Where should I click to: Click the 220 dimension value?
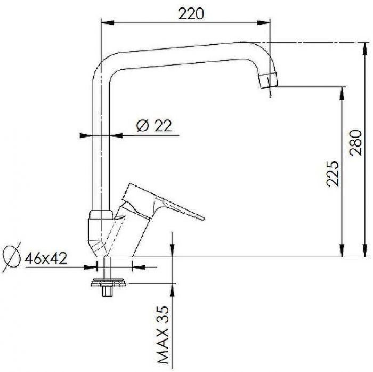pos(191,14)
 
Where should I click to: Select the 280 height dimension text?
pos(355,142)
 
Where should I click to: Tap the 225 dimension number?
pos(333,174)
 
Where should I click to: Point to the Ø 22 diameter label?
pos(154,125)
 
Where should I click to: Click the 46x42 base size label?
pos(46,258)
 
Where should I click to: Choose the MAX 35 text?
pos(163,335)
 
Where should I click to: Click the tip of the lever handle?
pos(202,219)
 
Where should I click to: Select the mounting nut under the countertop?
pos(109,282)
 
